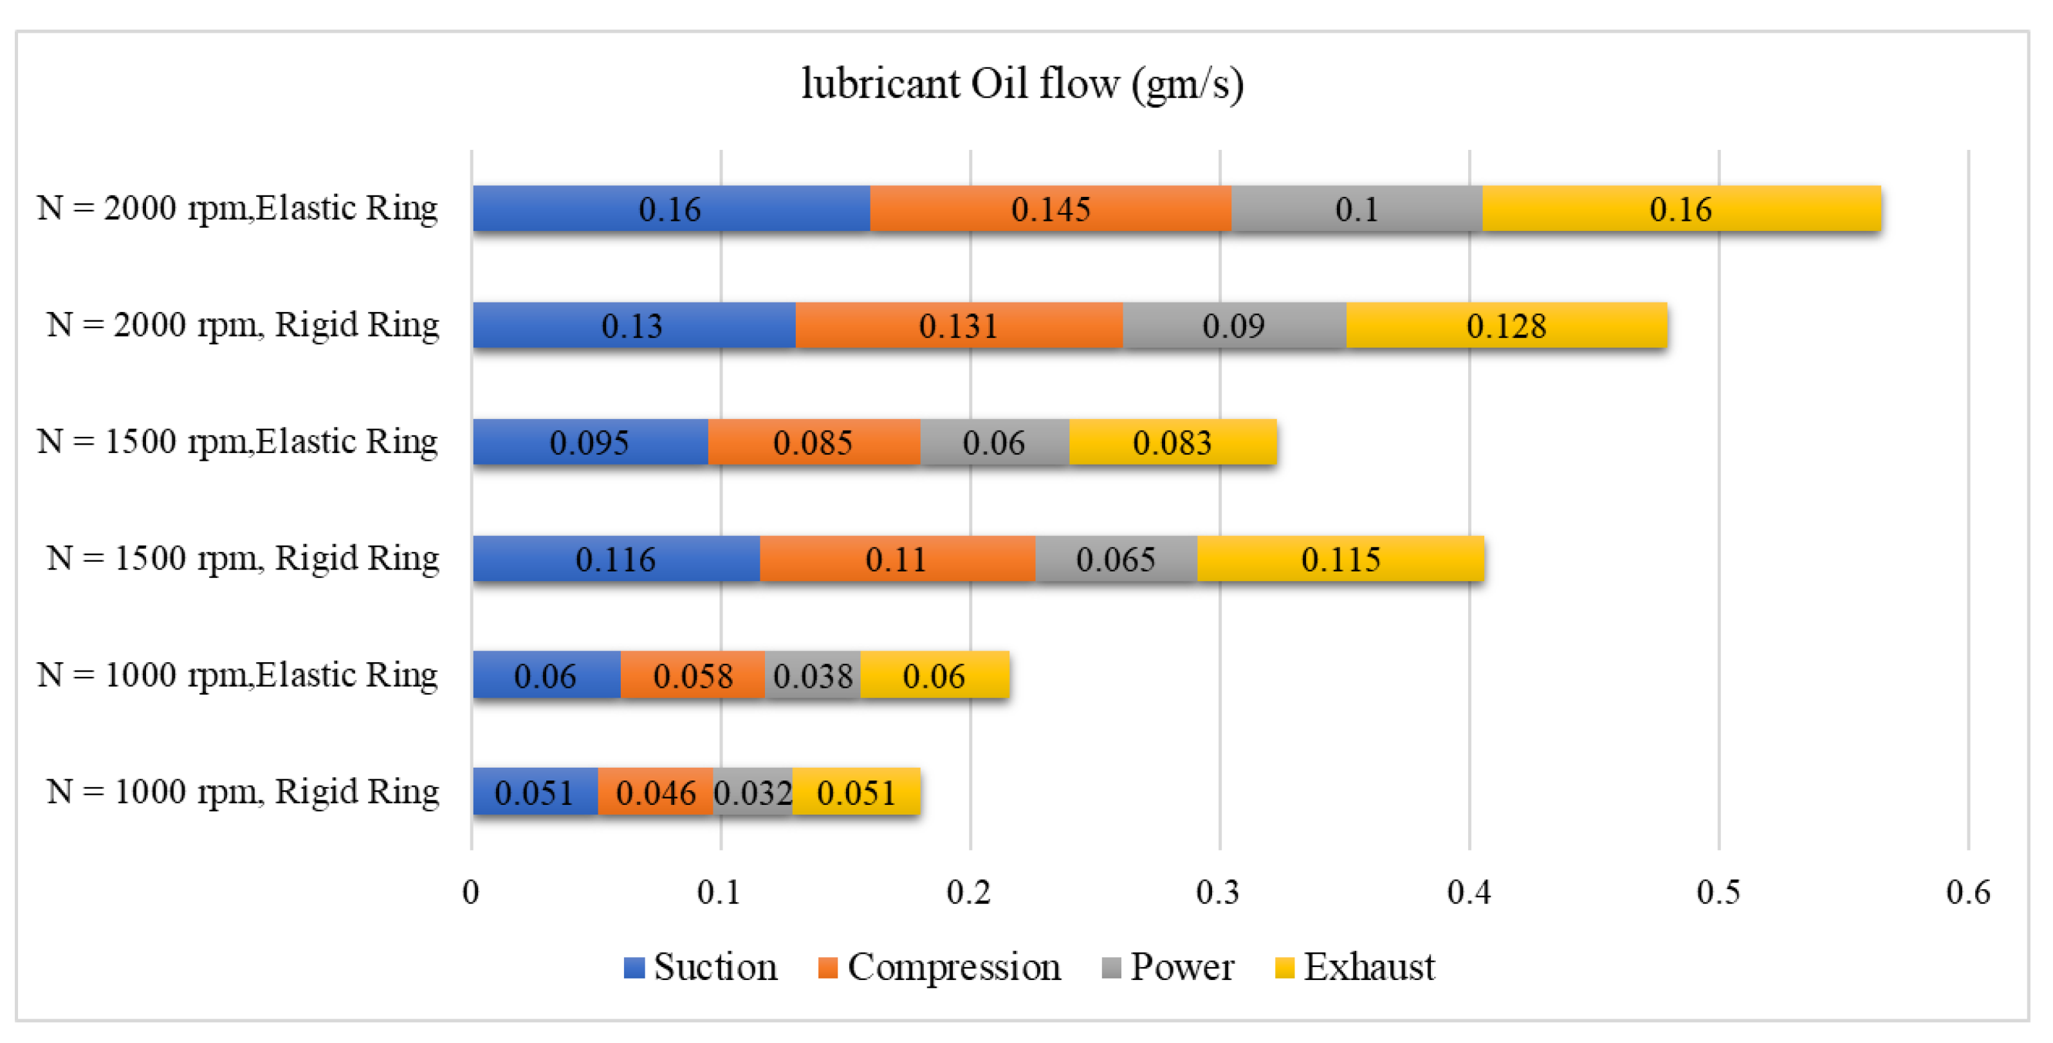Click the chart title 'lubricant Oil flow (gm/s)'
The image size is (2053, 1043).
click(1022, 84)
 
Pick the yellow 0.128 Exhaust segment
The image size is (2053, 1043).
click(1505, 326)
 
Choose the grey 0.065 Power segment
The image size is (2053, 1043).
click(1115, 558)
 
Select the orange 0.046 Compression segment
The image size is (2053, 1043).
click(655, 792)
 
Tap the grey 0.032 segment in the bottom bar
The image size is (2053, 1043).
click(752, 792)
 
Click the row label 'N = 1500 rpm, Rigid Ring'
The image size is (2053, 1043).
click(243, 558)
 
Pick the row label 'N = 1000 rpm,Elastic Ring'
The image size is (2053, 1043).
click(237, 675)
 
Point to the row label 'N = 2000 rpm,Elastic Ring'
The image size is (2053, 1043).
click(237, 208)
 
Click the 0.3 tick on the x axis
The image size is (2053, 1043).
click(1218, 892)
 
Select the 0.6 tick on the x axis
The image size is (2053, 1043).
click(1967, 892)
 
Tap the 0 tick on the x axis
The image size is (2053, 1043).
click(470, 892)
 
